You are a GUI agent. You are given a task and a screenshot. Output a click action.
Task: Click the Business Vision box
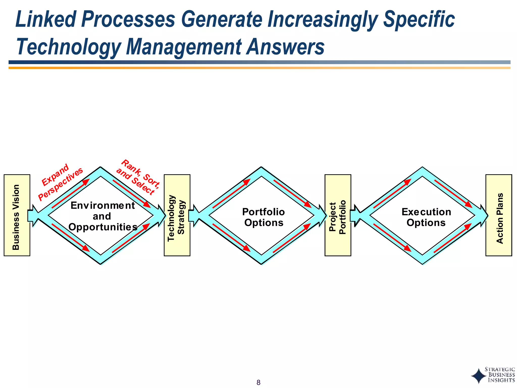coord(17,215)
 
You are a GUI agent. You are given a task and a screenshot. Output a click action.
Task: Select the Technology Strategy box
coord(177,215)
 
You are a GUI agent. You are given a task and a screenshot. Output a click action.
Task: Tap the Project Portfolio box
coord(338,215)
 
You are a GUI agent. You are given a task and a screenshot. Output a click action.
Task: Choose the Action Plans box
coord(499,215)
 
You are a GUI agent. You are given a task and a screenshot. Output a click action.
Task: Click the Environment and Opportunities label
coord(103,216)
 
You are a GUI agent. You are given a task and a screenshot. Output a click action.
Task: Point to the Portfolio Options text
coord(264,217)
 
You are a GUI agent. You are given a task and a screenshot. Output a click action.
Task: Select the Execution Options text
coord(426,217)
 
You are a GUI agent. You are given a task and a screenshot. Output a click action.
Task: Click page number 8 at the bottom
coord(258,382)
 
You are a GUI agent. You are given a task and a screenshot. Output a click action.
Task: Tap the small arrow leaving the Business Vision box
coord(32,215)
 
